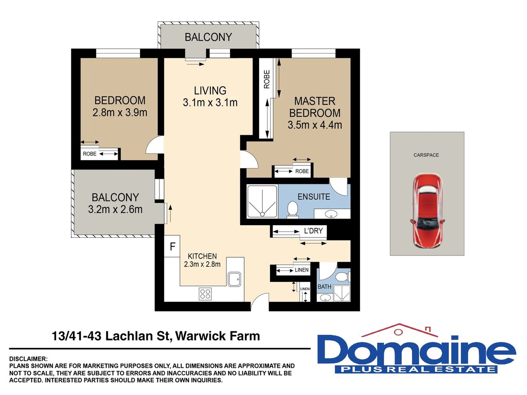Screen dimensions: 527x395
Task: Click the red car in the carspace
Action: (x=427, y=211)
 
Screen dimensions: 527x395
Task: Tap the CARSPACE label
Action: (x=426, y=155)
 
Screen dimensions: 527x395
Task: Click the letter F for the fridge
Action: (x=173, y=247)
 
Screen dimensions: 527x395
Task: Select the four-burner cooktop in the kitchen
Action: (x=205, y=294)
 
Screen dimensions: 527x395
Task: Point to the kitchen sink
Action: (x=235, y=279)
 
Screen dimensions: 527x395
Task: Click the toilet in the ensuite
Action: (x=292, y=210)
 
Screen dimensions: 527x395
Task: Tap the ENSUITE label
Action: (x=314, y=197)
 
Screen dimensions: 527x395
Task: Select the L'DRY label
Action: (x=313, y=231)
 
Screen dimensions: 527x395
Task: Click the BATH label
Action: (x=325, y=287)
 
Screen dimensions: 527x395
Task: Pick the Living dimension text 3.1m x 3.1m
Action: (x=210, y=103)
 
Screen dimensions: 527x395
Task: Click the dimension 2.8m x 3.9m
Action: (x=120, y=112)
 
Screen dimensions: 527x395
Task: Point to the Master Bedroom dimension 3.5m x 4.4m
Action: (x=315, y=125)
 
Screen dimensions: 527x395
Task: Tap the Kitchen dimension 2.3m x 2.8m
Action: (x=202, y=264)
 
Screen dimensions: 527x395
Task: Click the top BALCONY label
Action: (x=208, y=37)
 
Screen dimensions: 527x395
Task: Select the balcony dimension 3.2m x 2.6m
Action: (x=115, y=209)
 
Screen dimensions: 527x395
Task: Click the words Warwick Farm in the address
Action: (x=218, y=336)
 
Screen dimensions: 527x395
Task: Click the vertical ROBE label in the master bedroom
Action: (x=267, y=79)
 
